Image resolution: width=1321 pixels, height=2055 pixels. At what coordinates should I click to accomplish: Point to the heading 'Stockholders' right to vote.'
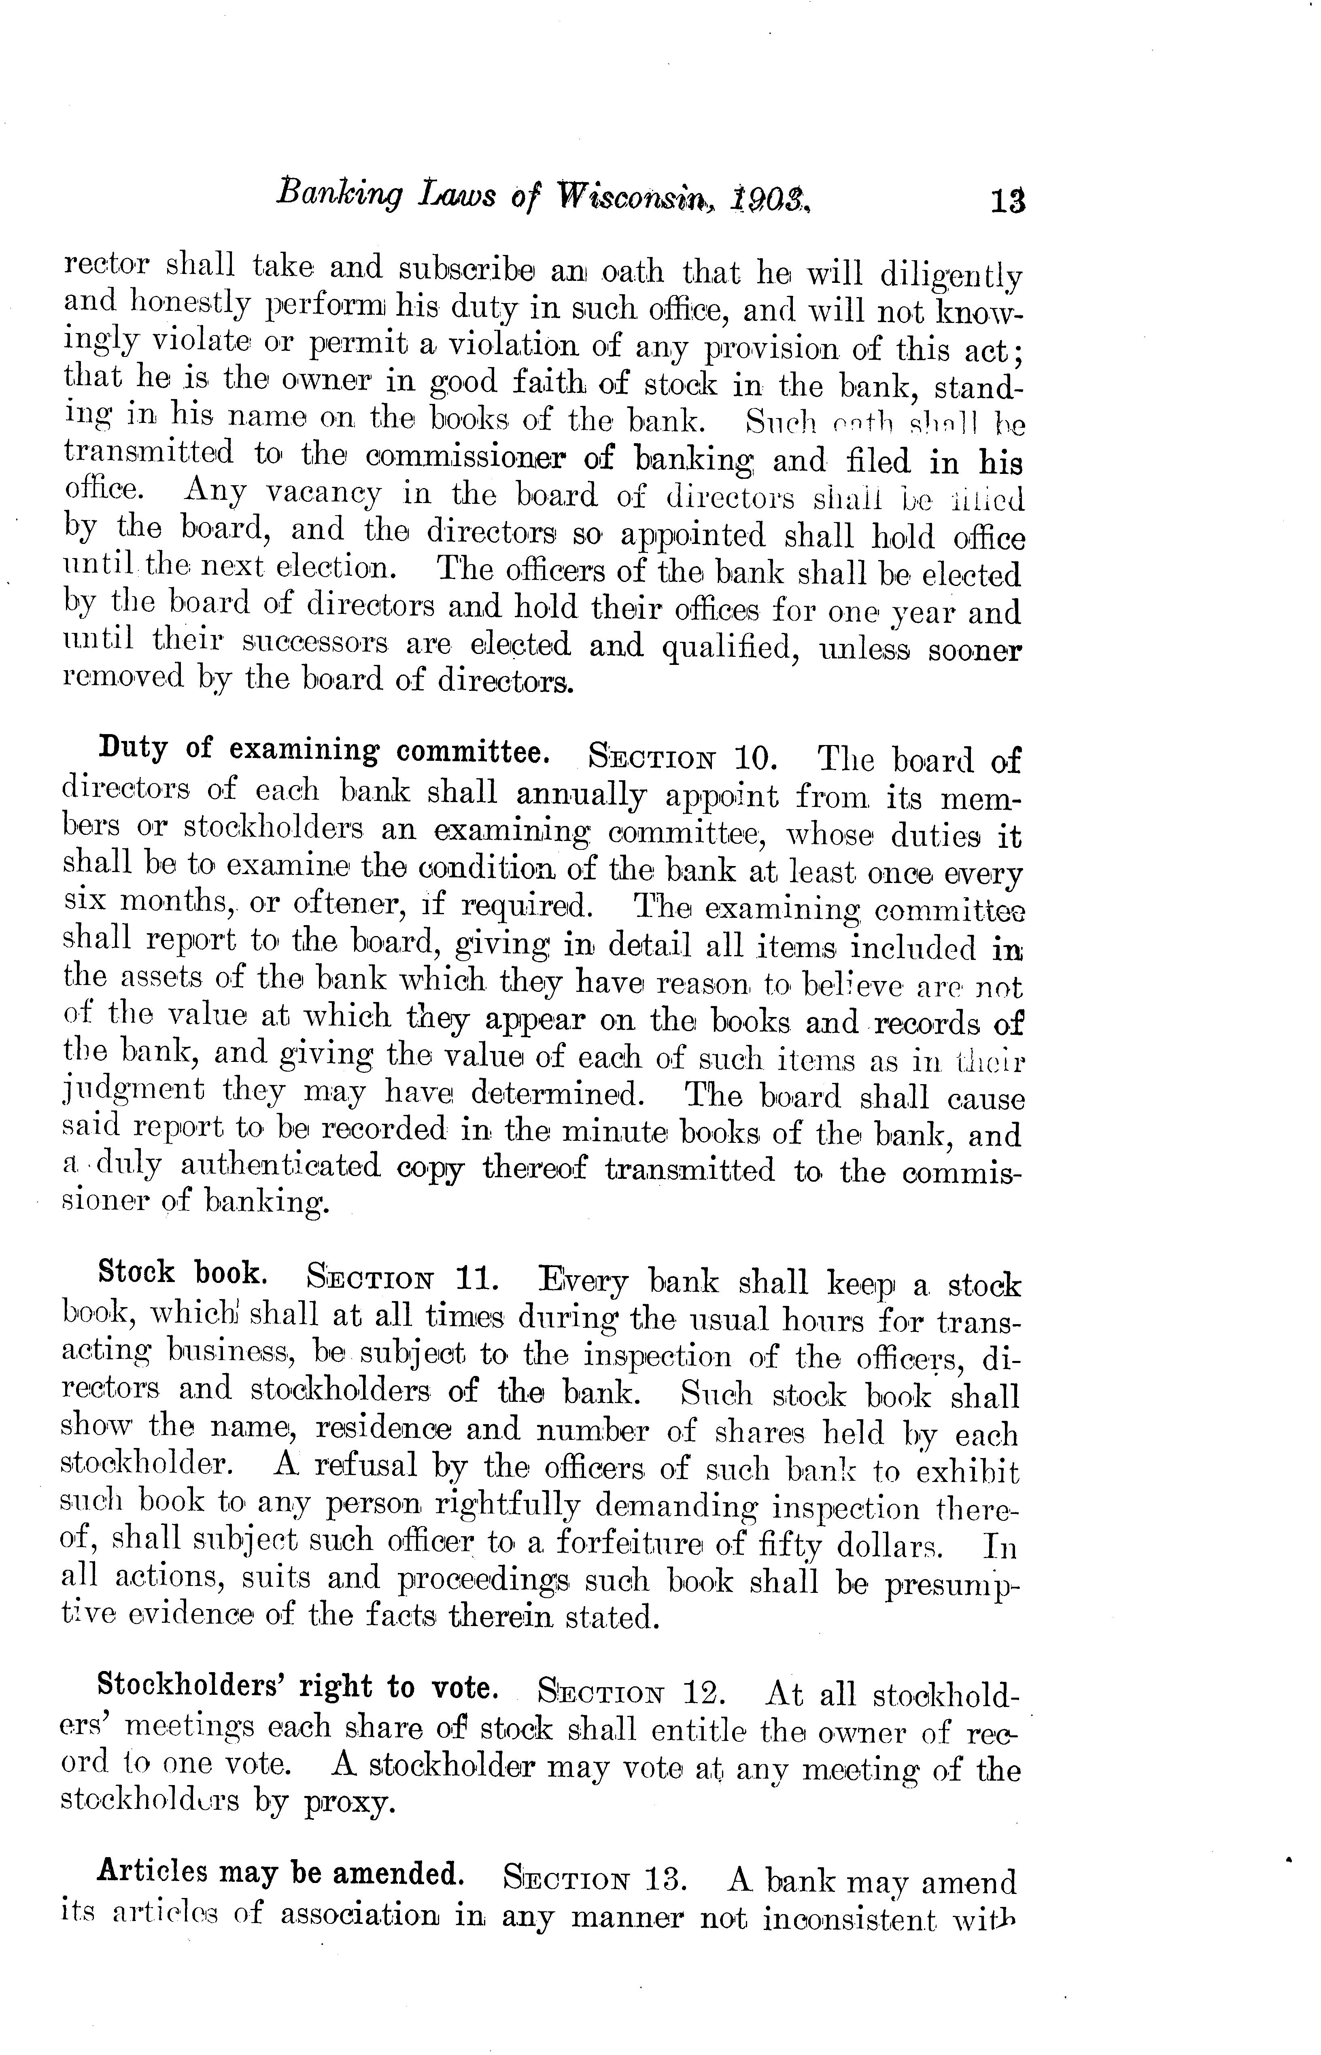[x=297, y=1687]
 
